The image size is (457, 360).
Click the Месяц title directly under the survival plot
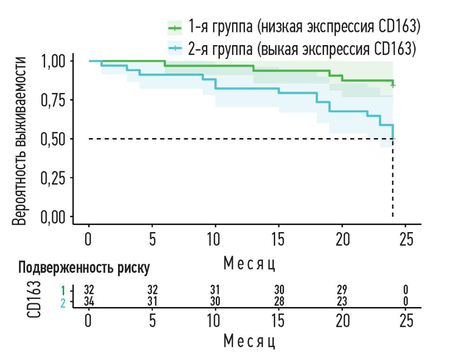point(250,264)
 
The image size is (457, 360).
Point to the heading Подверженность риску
point(84,267)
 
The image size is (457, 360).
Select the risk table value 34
point(89,301)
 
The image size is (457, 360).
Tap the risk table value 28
point(278,301)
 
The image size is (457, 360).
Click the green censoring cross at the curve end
point(393,85)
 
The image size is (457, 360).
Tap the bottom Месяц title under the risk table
point(250,341)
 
